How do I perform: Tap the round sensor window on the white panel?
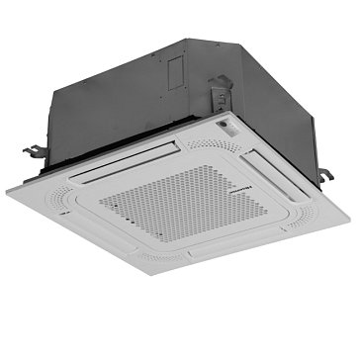(226, 127)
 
